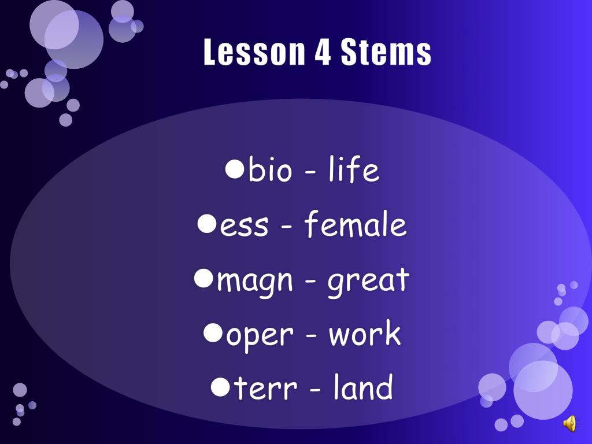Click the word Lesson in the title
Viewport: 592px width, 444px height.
coord(254,53)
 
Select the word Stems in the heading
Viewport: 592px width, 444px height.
coord(386,53)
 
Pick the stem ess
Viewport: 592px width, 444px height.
coord(245,225)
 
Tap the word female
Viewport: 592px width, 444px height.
coord(356,225)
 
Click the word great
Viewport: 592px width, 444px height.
coord(368,280)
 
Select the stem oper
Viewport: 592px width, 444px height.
coord(256,335)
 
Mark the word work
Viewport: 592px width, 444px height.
coord(365,335)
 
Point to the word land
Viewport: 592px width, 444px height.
coord(363,388)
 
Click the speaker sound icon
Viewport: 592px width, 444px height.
coord(569,424)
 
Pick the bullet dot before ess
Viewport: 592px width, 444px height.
coord(206,223)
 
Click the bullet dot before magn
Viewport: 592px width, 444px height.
coord(203,278)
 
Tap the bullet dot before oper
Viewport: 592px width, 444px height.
coord(213,332)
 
